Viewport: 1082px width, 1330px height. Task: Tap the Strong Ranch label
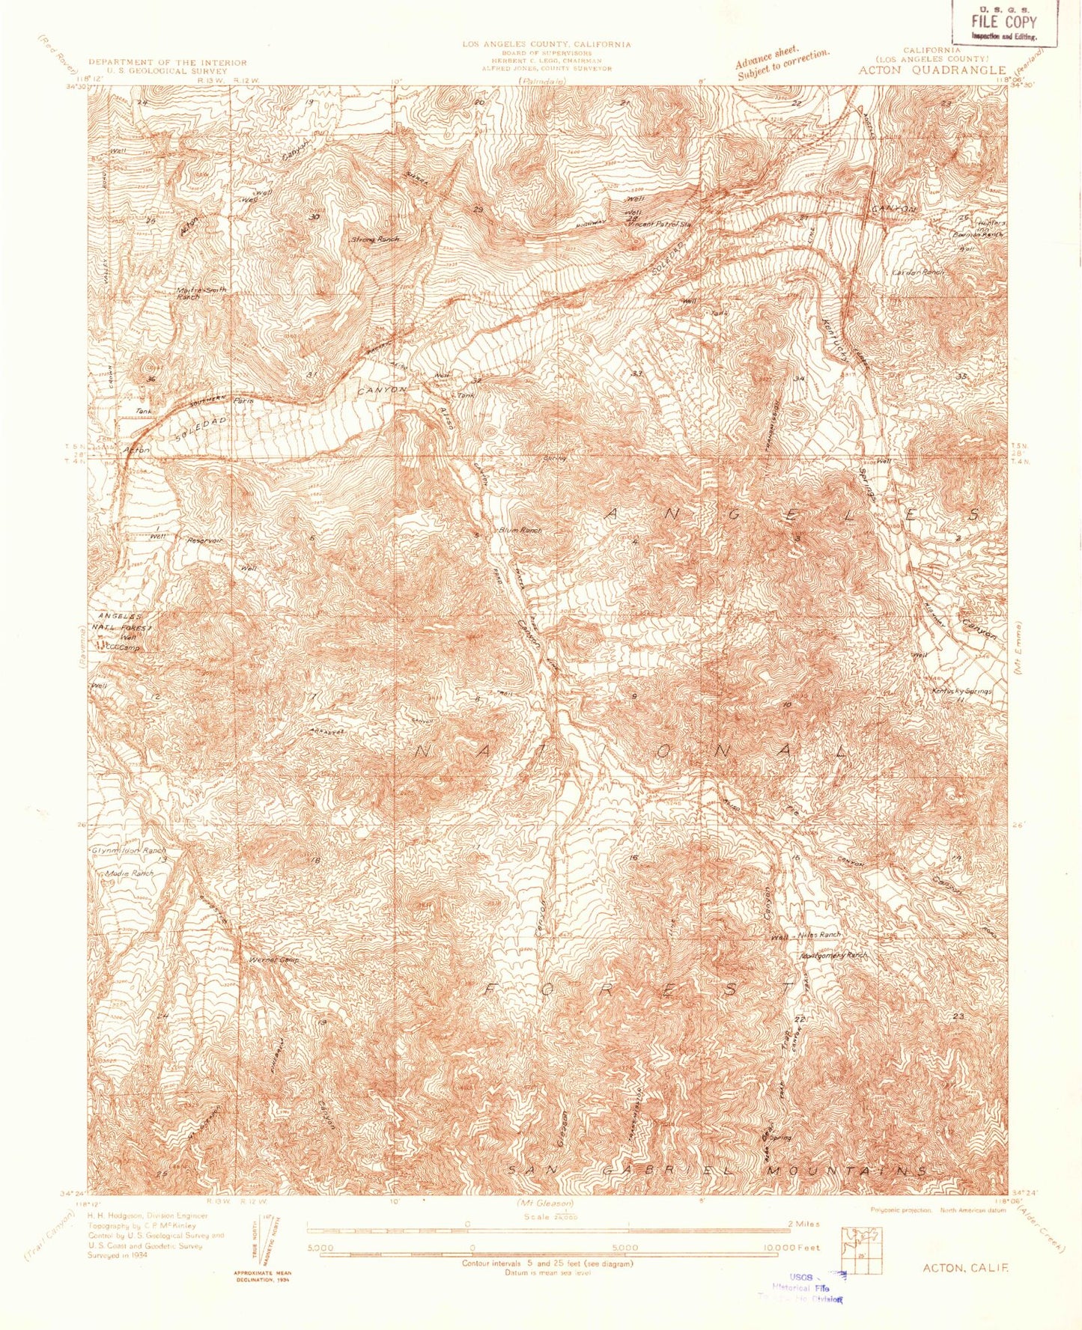(x=374, y=240)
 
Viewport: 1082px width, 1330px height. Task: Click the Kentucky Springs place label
(x=961, y=691)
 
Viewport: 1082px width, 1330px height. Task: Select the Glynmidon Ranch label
(x=128, y=851)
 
